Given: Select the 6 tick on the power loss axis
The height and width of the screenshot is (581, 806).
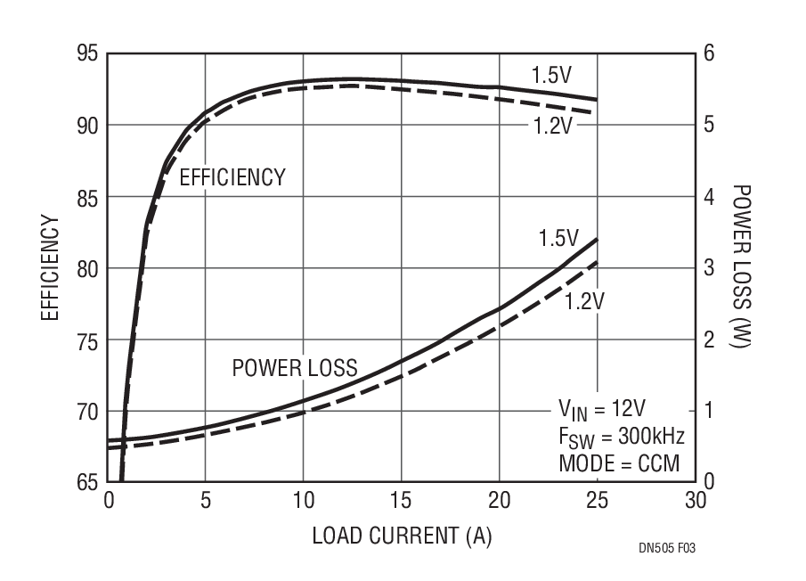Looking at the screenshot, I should [710, 53].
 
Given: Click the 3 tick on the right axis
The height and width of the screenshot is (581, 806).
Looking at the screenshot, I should [710, 268].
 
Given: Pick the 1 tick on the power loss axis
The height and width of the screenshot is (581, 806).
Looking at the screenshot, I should [710, 411].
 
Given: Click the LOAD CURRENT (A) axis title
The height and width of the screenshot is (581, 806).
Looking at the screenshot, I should [402, 536].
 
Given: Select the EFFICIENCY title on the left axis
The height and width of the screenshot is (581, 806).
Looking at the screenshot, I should [50, 268].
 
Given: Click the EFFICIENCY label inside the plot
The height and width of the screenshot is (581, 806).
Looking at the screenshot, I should [232, 177].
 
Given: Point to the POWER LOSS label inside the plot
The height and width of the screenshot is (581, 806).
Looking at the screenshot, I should [295, 368].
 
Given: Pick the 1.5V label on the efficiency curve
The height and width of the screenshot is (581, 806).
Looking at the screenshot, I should [551, 76].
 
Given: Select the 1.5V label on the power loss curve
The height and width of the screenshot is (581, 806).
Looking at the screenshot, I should [558, 239].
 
